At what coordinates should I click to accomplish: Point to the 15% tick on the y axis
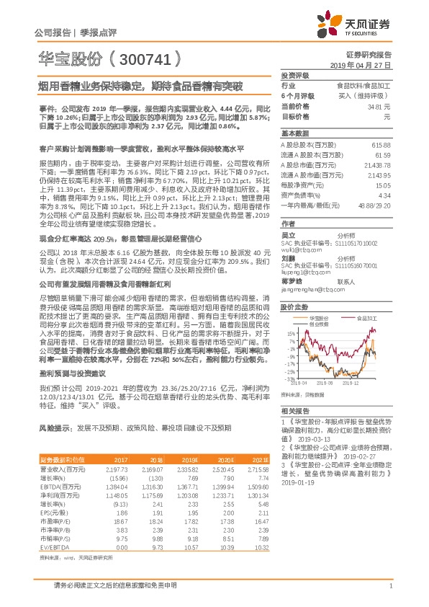pos(289,334)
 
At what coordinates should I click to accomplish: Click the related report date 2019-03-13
pos(317,438)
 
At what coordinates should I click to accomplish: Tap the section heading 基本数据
pos(294,133)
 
